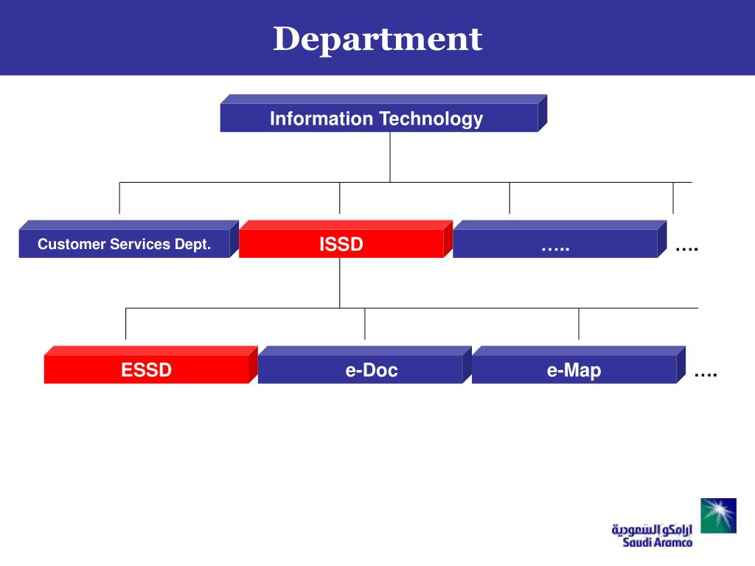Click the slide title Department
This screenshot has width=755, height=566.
coord(377,40)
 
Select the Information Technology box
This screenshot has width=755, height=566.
coord(383,113)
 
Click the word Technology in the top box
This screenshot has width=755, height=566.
coord(431,119)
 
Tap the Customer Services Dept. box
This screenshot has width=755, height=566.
coord(128,240)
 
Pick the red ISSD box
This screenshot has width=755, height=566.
coord(346,240)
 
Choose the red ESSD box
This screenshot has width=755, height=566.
coord(150,365)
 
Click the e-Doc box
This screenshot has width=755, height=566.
coord(364,365)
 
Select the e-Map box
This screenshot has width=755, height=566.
coord(578,365)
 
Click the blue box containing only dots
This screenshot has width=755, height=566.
coord(560,240)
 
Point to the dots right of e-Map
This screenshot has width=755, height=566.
coord(706,374)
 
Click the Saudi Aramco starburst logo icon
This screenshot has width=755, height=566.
coord(718,515)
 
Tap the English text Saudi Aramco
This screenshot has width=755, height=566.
coord(657,542)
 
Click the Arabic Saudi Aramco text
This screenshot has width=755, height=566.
coord(652,529)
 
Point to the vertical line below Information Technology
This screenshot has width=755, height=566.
coord(390,158)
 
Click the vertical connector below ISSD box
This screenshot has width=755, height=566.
coord(339,283)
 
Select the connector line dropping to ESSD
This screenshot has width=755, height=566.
coord(125,324)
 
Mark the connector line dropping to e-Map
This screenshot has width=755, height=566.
coord(579,324)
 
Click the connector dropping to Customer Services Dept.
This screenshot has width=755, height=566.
coord(119,198)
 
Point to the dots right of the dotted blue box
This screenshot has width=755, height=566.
coord(686,249)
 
